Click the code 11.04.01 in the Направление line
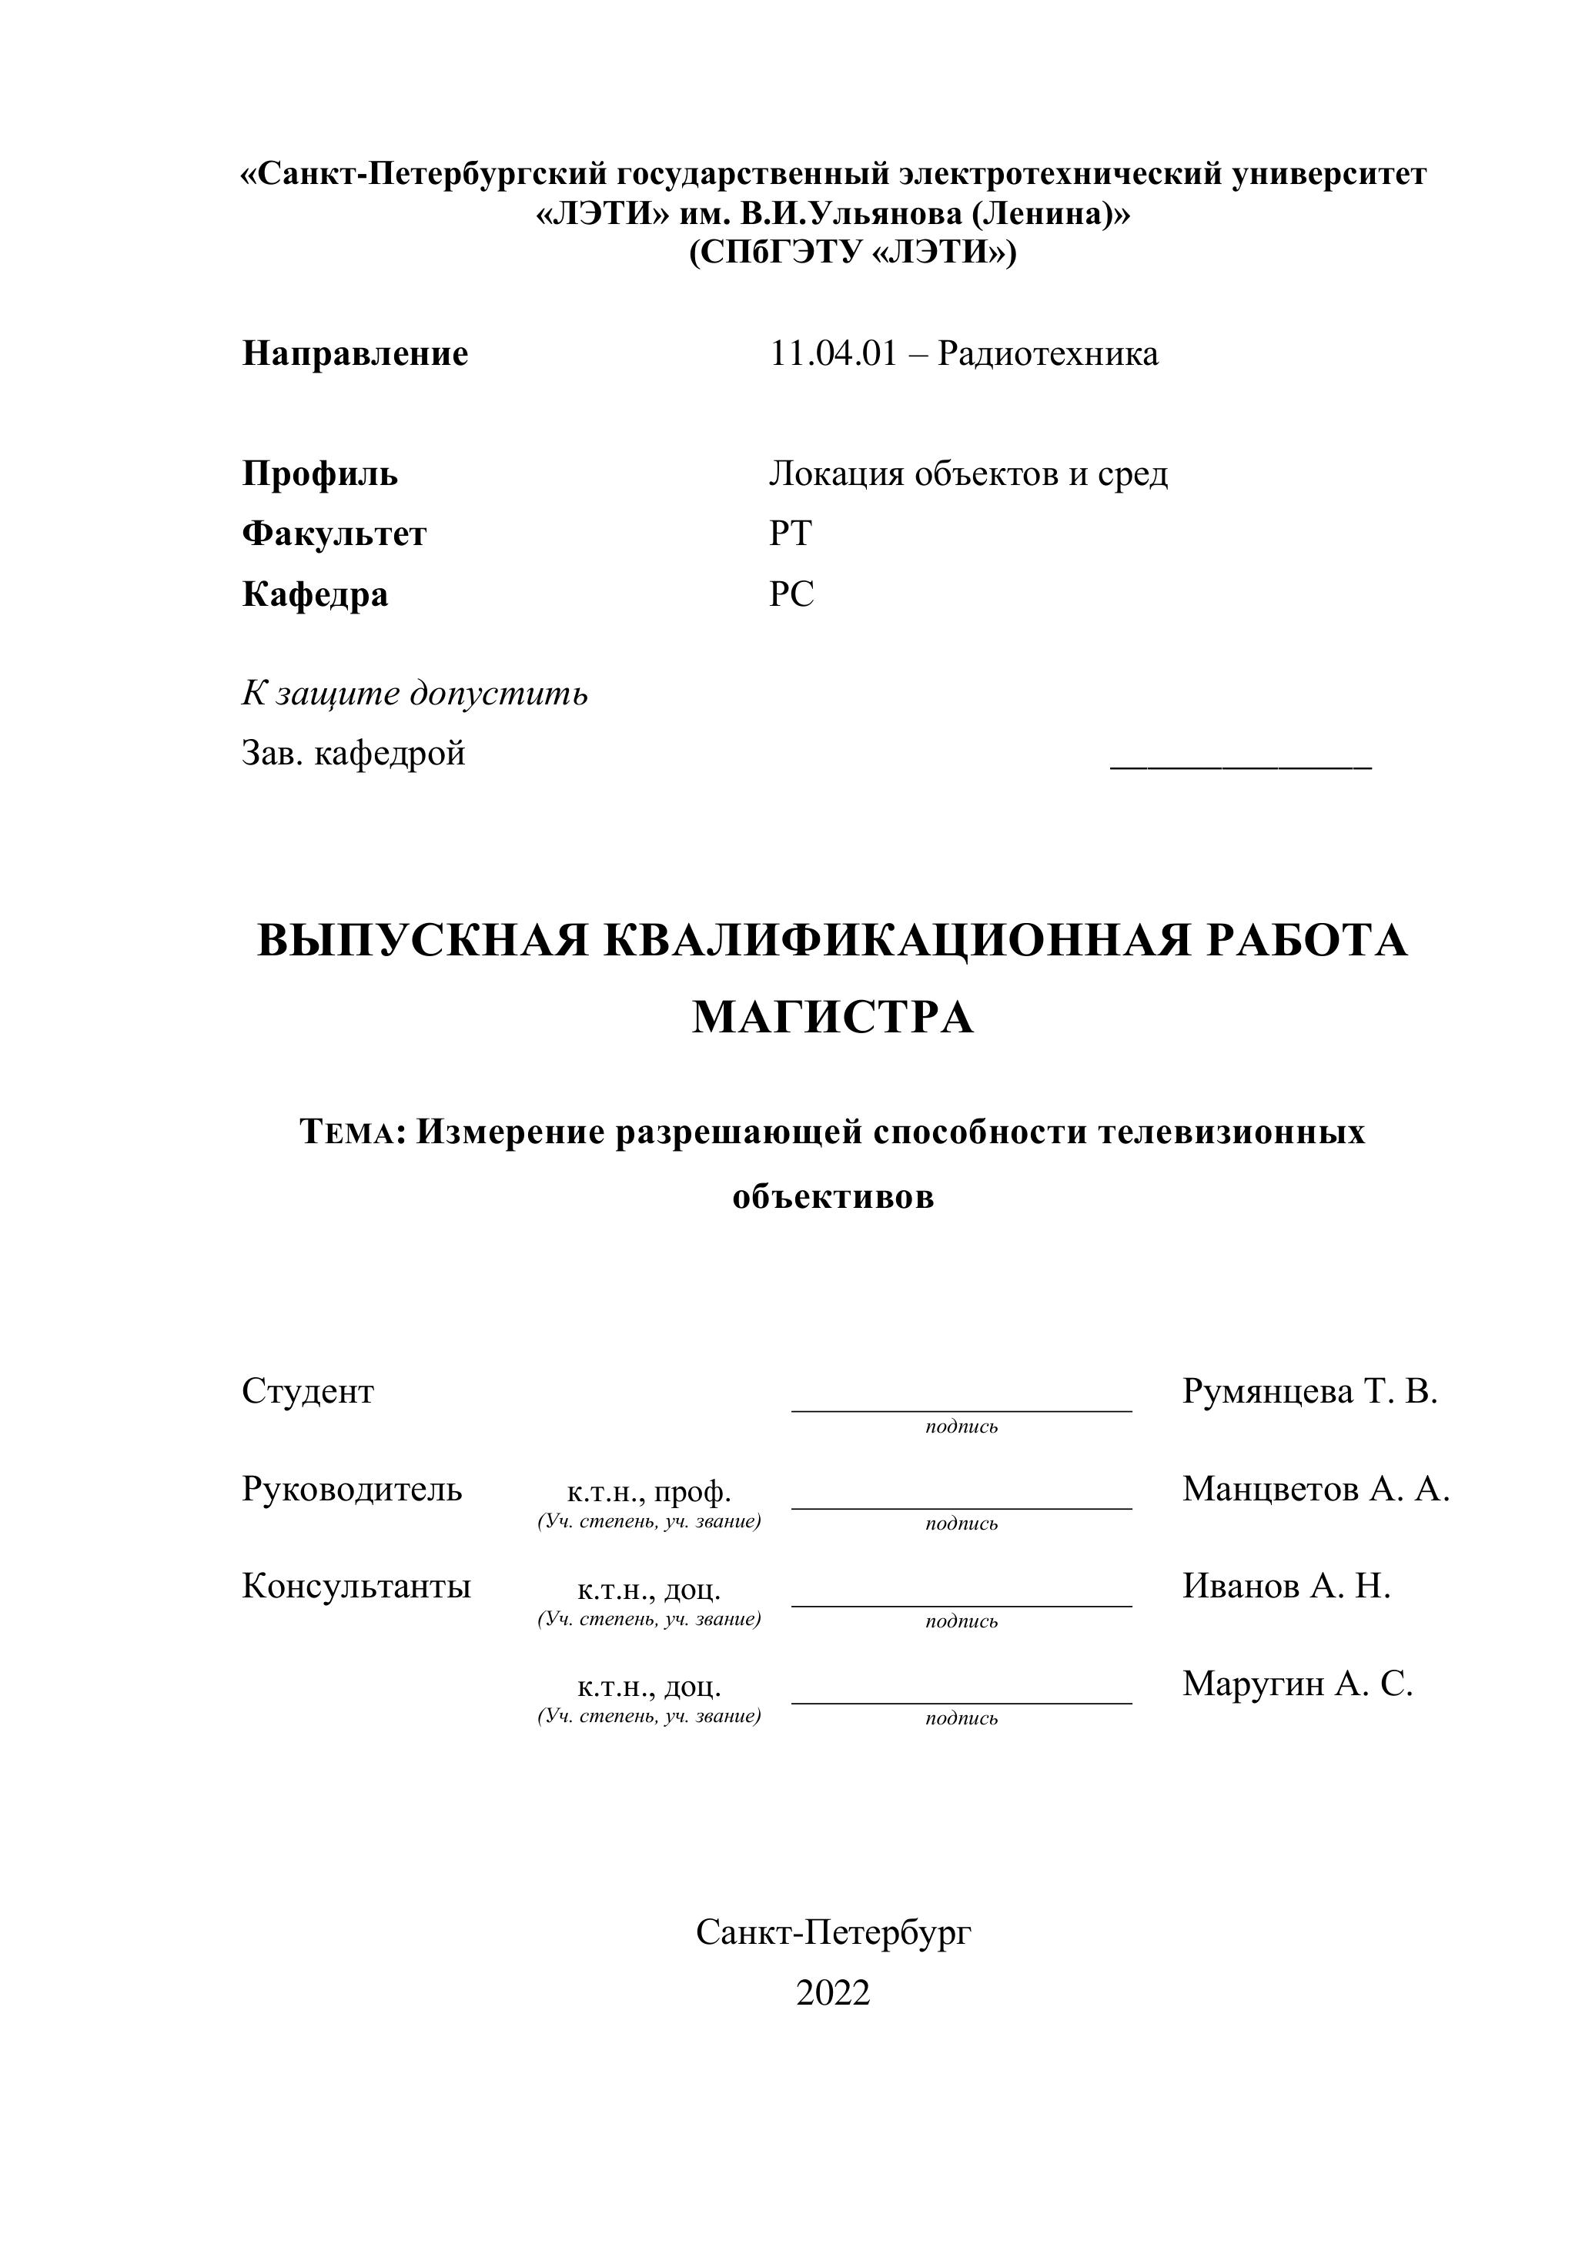[832, 354]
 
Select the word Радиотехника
[1047, 354]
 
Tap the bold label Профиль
[319, 474]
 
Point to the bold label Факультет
[334, 534]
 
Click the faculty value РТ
[790, 534]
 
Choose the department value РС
[791, 595]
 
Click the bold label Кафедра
[315, 595]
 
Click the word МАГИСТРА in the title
[832, 1018]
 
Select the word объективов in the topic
[833, 1197]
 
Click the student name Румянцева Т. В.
[1309, 1391]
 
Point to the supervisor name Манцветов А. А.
[1316, 1489]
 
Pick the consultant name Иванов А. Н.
[1286, 1587]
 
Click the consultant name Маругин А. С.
[1297, 1684]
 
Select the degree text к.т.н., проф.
[649, 1492]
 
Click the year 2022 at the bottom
[832, 1993]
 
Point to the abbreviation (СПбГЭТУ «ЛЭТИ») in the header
[852, 254]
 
